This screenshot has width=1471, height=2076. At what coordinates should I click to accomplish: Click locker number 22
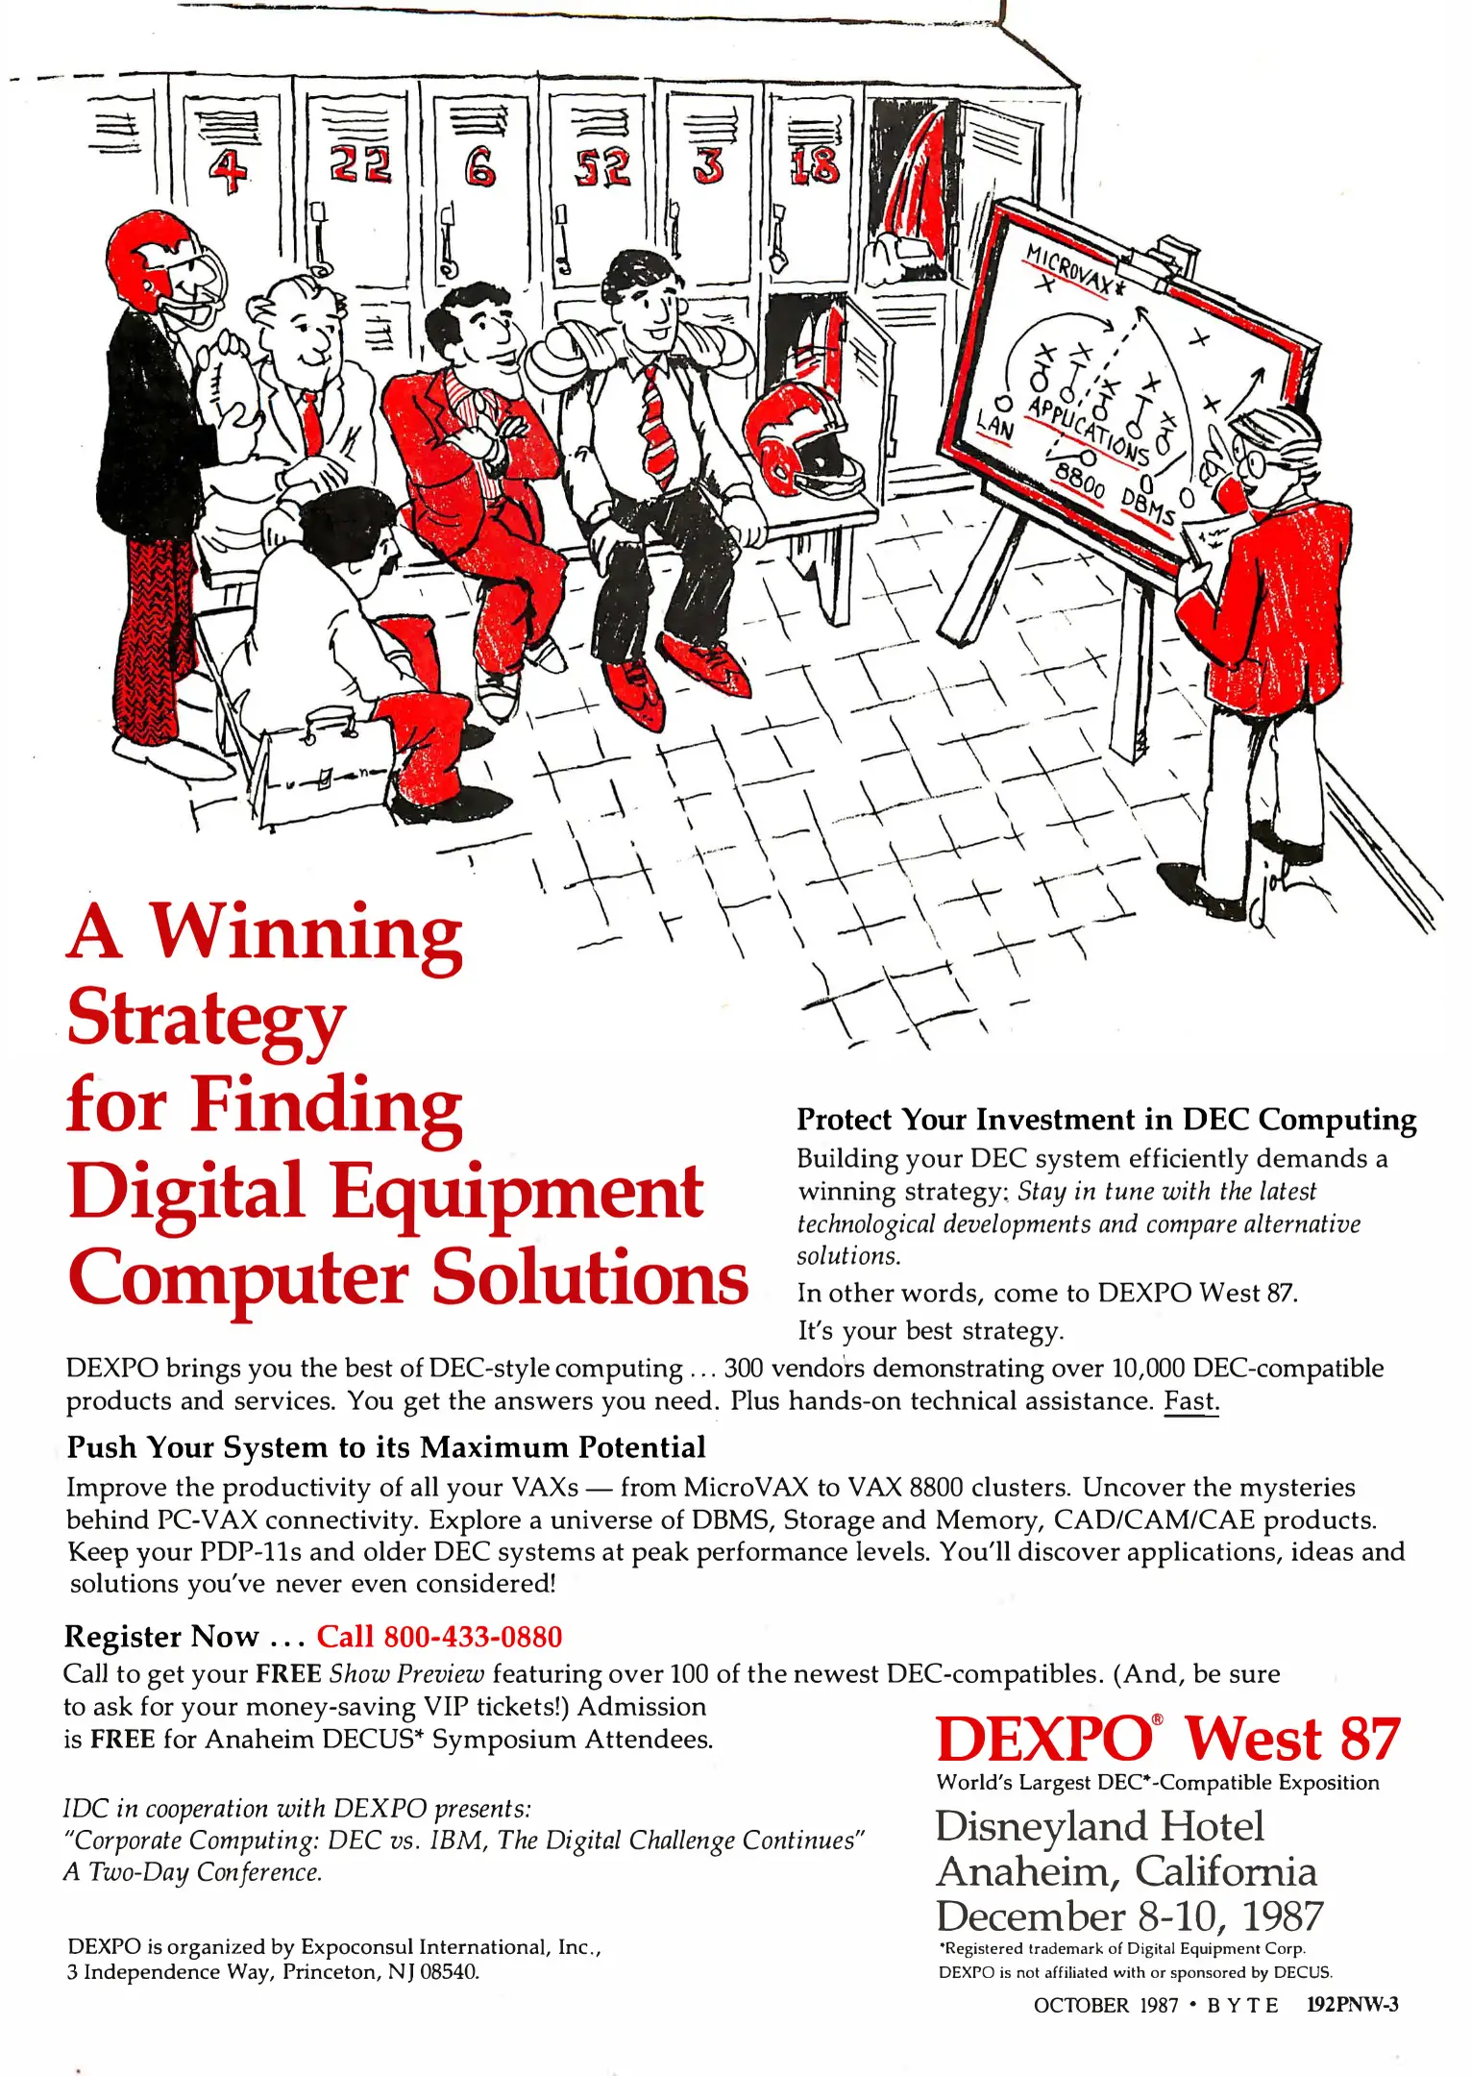[x=361, y=164]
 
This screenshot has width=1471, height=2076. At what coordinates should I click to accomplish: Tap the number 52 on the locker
[x=602, y=167]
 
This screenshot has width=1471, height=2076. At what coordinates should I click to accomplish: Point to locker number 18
[x=815, y=165]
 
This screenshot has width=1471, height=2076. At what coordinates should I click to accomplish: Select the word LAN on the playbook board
[x=994, y=424]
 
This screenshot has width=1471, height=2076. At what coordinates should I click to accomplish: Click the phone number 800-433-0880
[x=473, y=1637]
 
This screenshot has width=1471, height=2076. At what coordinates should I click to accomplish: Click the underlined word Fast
[x=1191, y=1401]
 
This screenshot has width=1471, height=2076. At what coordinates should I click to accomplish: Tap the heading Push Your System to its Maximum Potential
[x=386, y=1447]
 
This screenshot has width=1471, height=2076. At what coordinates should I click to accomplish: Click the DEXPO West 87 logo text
[x=1167, y=1740]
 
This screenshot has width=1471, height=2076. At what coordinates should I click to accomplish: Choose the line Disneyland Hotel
[x=1100, y=1826]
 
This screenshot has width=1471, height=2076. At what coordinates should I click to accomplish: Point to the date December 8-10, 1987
[x=1130, y=1916]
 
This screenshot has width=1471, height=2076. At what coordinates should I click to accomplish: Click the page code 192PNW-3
[x=1353, y=2005]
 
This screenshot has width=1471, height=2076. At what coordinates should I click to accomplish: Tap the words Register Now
[x=161, y=1637]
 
